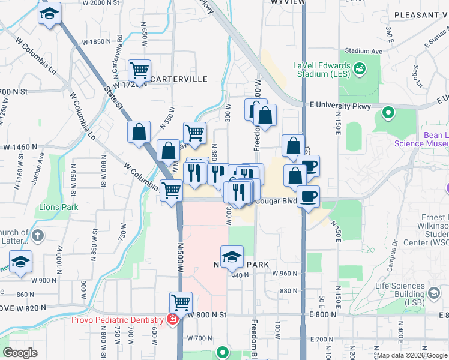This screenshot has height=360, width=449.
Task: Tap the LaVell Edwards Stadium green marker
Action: tap(360, 68)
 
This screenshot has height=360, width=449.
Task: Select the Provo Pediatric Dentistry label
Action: tap(118, 320)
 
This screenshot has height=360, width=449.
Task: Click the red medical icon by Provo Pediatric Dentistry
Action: tap(173, 319)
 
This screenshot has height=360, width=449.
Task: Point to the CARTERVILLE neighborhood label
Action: tap(178, 79)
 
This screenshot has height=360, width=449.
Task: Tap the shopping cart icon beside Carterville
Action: tap(139, 70)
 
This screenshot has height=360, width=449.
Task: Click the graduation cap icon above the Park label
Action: tap(232, 257)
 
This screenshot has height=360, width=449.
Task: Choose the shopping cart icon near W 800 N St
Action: tap(180, 302)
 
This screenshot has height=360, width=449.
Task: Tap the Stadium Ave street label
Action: tap(364, 52)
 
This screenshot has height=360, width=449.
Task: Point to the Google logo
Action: tap(20, 353)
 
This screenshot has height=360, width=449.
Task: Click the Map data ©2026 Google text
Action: tap(411, 355)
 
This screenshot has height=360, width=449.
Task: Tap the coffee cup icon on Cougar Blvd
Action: tap(309, 196)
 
